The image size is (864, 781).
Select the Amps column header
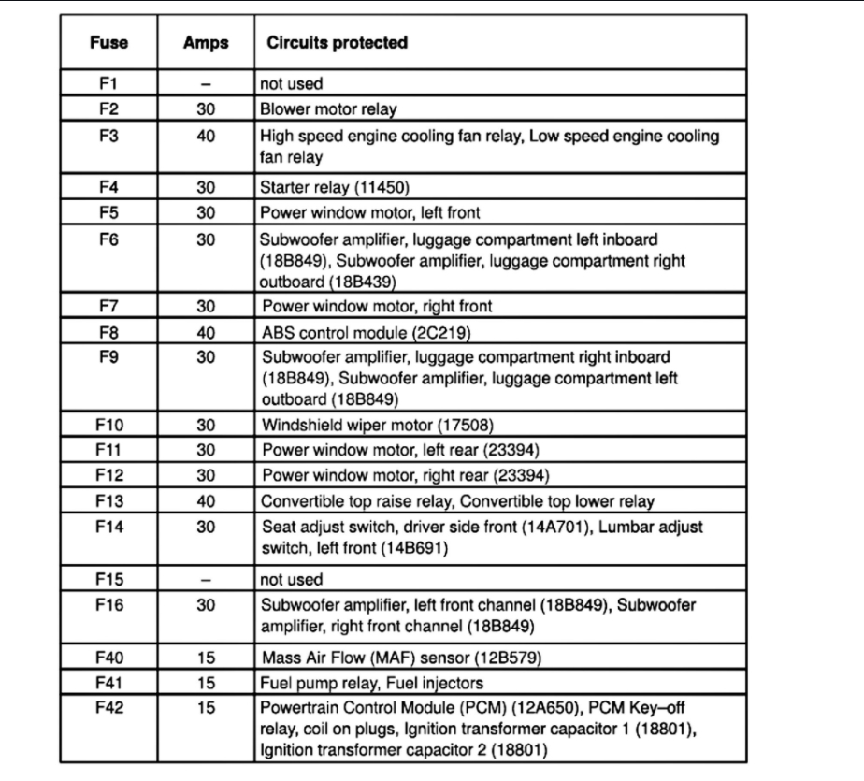point(207,44)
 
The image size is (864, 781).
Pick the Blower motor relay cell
point(328,109)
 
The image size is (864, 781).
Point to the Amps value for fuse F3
point(207,136)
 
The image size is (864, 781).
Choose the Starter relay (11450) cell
point(331,186)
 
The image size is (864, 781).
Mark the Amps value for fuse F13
point(207,500)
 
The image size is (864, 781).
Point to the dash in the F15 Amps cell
point(207,579)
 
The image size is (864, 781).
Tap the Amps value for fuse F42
point(207,708)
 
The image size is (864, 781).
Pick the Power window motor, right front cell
point(377,306)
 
